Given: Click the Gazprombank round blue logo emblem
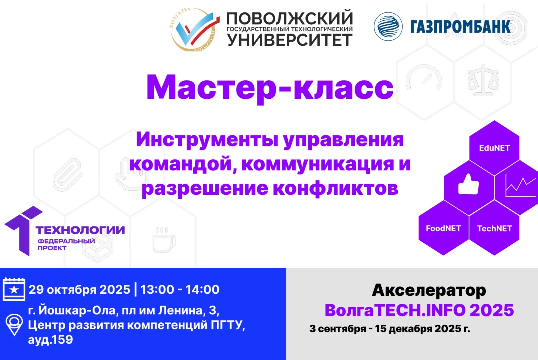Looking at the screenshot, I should [388, 26].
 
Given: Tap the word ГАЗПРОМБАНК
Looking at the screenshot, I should [460, 26].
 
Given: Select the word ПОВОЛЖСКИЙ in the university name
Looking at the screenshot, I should [290, 19].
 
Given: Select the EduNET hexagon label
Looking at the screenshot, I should [494, 148].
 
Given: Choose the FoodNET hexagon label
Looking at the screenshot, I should [443, 228].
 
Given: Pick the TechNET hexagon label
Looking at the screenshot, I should [494, 228].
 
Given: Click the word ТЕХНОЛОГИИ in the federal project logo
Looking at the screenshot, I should [80, 230].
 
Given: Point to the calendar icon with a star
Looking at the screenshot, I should [14, 289].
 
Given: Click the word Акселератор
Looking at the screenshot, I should [429, 290].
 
